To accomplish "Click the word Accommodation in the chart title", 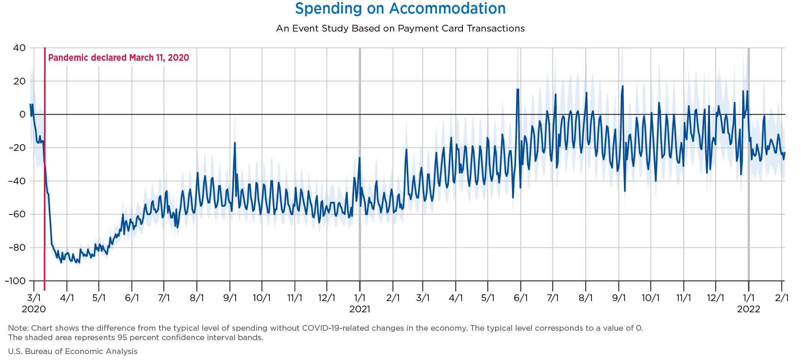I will [x=447, y=9].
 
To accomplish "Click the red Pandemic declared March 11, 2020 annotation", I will [x=119, y=58].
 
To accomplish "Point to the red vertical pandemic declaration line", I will [x=45, y=188].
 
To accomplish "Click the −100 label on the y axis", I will [x=15, y=281].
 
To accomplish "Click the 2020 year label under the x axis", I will [x=34, y=309].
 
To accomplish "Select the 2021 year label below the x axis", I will [x=360, y=309].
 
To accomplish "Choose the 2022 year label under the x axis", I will [x=749, y=309].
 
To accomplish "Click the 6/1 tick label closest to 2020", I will [x=132, y=298].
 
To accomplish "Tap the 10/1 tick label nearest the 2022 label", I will [x=650, y=298].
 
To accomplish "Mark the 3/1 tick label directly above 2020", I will [x=34, y=298].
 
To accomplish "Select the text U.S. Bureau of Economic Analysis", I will [x=73, y=351].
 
